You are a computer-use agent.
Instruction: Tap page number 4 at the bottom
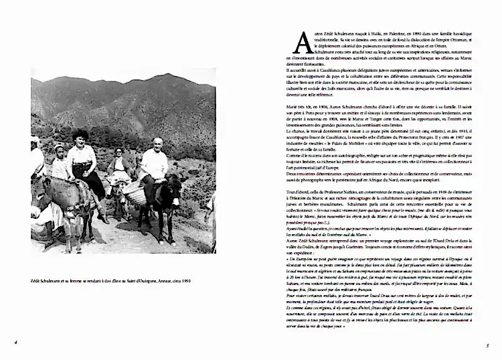pos(15,343)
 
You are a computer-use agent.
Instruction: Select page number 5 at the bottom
pos(488,345)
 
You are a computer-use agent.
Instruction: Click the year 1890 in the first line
pos(401,35)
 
